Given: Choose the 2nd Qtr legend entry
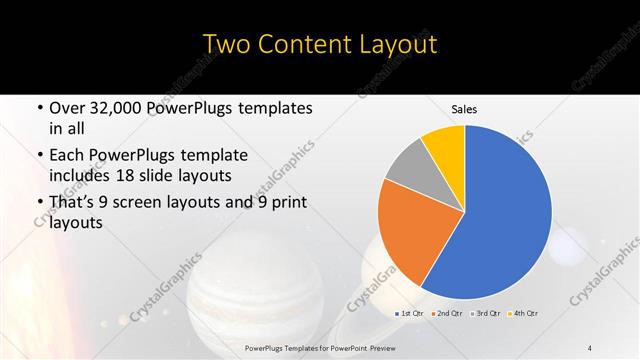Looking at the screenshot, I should coord(451,314).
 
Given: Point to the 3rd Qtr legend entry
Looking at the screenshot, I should coord(488,314).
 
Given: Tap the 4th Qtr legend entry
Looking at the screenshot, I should coord(524,314).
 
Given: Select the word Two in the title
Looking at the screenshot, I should coord(225,44).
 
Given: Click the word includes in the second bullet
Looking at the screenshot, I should coord(83,176).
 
